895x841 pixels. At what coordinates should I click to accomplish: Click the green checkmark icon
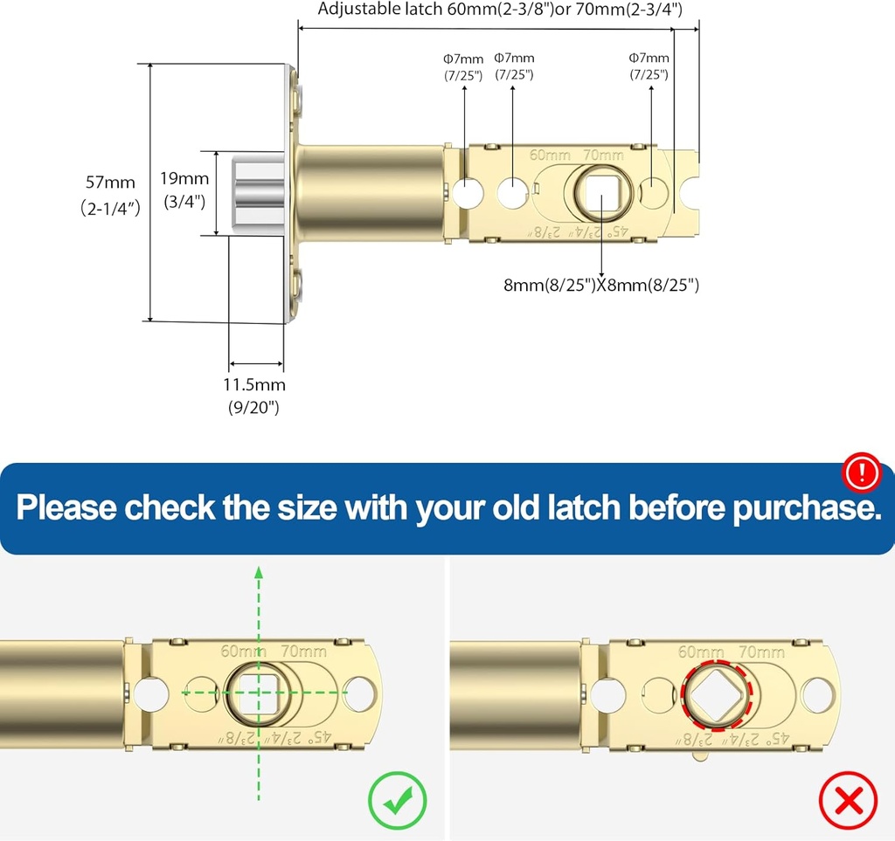397,797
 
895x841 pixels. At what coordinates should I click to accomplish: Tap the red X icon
847,797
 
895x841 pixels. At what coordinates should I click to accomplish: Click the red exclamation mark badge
864,473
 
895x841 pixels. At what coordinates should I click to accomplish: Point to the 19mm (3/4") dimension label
184,190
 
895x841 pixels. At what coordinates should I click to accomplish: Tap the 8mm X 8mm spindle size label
601,285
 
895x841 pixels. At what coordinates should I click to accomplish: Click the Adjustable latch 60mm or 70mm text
499,10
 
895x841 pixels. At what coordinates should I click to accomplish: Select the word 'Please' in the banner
67,507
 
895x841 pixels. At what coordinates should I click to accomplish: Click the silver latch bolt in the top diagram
258,192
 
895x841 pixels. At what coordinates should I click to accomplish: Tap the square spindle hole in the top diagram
602,191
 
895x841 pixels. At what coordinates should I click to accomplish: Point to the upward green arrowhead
259,573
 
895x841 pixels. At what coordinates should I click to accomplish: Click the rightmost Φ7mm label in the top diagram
649,65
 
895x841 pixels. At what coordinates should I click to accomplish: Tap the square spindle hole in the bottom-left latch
258,693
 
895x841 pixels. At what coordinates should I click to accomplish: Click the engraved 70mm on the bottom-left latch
304,651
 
